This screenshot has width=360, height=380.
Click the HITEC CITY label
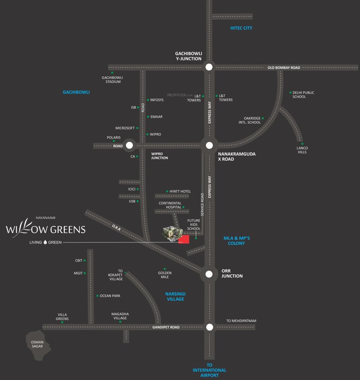coord(241,28)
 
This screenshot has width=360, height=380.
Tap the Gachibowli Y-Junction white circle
coord(209,67)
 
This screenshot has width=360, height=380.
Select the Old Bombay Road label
coord(284,68)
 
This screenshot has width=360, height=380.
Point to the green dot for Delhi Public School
coord(290,93)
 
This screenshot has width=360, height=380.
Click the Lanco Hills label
coord(302,150)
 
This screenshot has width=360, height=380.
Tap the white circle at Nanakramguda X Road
coord(209,145)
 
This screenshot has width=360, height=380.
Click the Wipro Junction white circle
coord(130,145)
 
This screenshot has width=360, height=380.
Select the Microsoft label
coord(125,128)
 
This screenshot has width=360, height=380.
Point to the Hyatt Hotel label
coord(180,191)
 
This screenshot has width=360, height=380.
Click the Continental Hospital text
coord(170,205)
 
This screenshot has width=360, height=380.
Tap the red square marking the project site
coord(184,239)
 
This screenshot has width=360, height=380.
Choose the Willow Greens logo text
coord(45,229)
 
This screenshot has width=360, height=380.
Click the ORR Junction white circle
coord(209,274)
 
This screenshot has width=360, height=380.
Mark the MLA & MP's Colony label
coord(236,241)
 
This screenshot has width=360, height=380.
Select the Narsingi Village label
coord(175,296)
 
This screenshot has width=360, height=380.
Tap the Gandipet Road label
coord(166,328)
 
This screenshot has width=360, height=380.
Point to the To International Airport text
coord(210,370)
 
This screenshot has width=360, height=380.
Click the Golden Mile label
coord(165,275)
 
